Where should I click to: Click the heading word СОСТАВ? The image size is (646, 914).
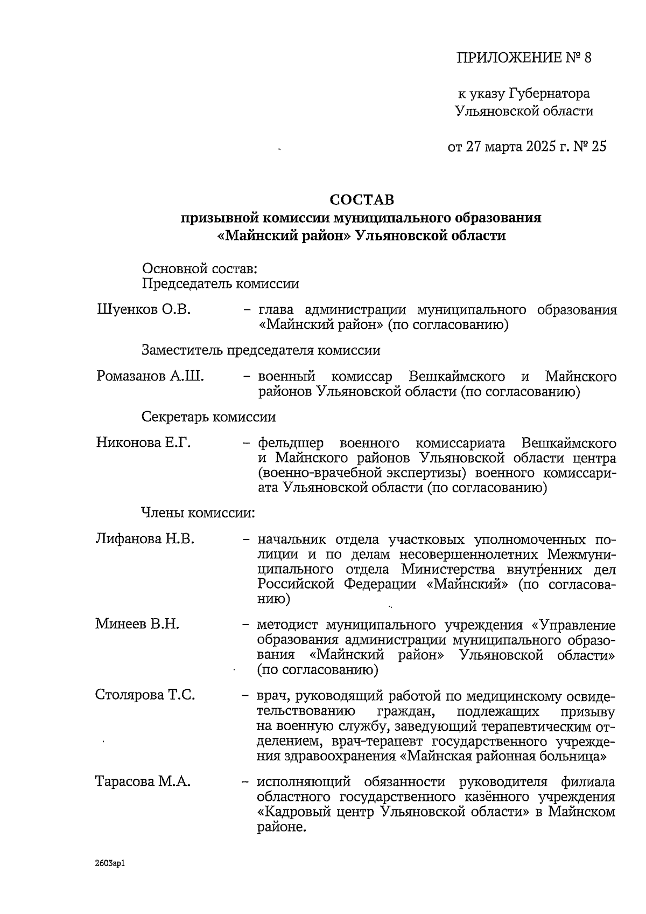[362, 200]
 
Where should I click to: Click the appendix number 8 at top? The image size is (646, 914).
[587, 58]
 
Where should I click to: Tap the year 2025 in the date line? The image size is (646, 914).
[538, 147]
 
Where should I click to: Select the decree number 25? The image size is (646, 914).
[599, 147]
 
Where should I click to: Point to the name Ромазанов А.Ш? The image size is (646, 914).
[150, 376]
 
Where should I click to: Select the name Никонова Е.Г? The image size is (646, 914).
[144, 443]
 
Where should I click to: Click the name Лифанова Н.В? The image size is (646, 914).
[145, 539]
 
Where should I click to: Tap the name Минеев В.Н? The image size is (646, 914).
[137, 624]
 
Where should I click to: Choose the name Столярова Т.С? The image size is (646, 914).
[145, 695]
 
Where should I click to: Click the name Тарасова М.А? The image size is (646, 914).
[143, 781]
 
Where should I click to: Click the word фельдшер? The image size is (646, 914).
[291, 444]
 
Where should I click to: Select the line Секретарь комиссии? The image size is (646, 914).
[208, 417]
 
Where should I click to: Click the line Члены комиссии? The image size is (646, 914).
[198, 513]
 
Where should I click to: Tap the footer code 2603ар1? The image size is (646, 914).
[111, 863]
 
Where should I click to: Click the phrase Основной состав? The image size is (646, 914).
[200, 268]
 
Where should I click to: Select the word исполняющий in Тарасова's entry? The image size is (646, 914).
[304, 781]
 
